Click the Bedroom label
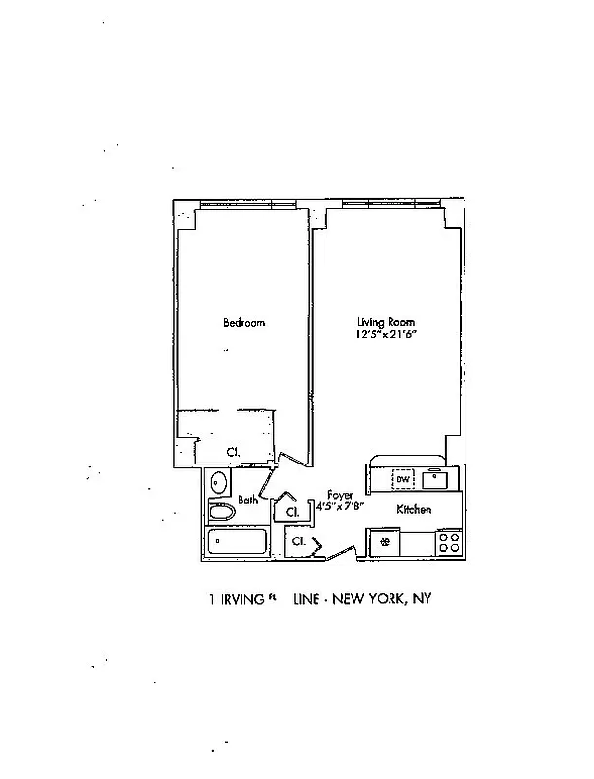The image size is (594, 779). (x=243, y=323)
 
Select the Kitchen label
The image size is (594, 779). (x=414, y=510)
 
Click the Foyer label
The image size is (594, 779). (x=339, y=494)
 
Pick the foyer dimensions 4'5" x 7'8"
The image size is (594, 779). (x=340, y=506)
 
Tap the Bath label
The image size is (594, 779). (x=247, y=501)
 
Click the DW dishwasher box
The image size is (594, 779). (x=401, y=479)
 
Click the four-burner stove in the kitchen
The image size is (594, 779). (x=449, y=542)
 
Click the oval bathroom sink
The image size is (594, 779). (x=218, y=482)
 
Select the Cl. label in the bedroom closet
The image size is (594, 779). (x=234, y=452)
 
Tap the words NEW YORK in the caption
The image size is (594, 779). (x=370, y=600)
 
